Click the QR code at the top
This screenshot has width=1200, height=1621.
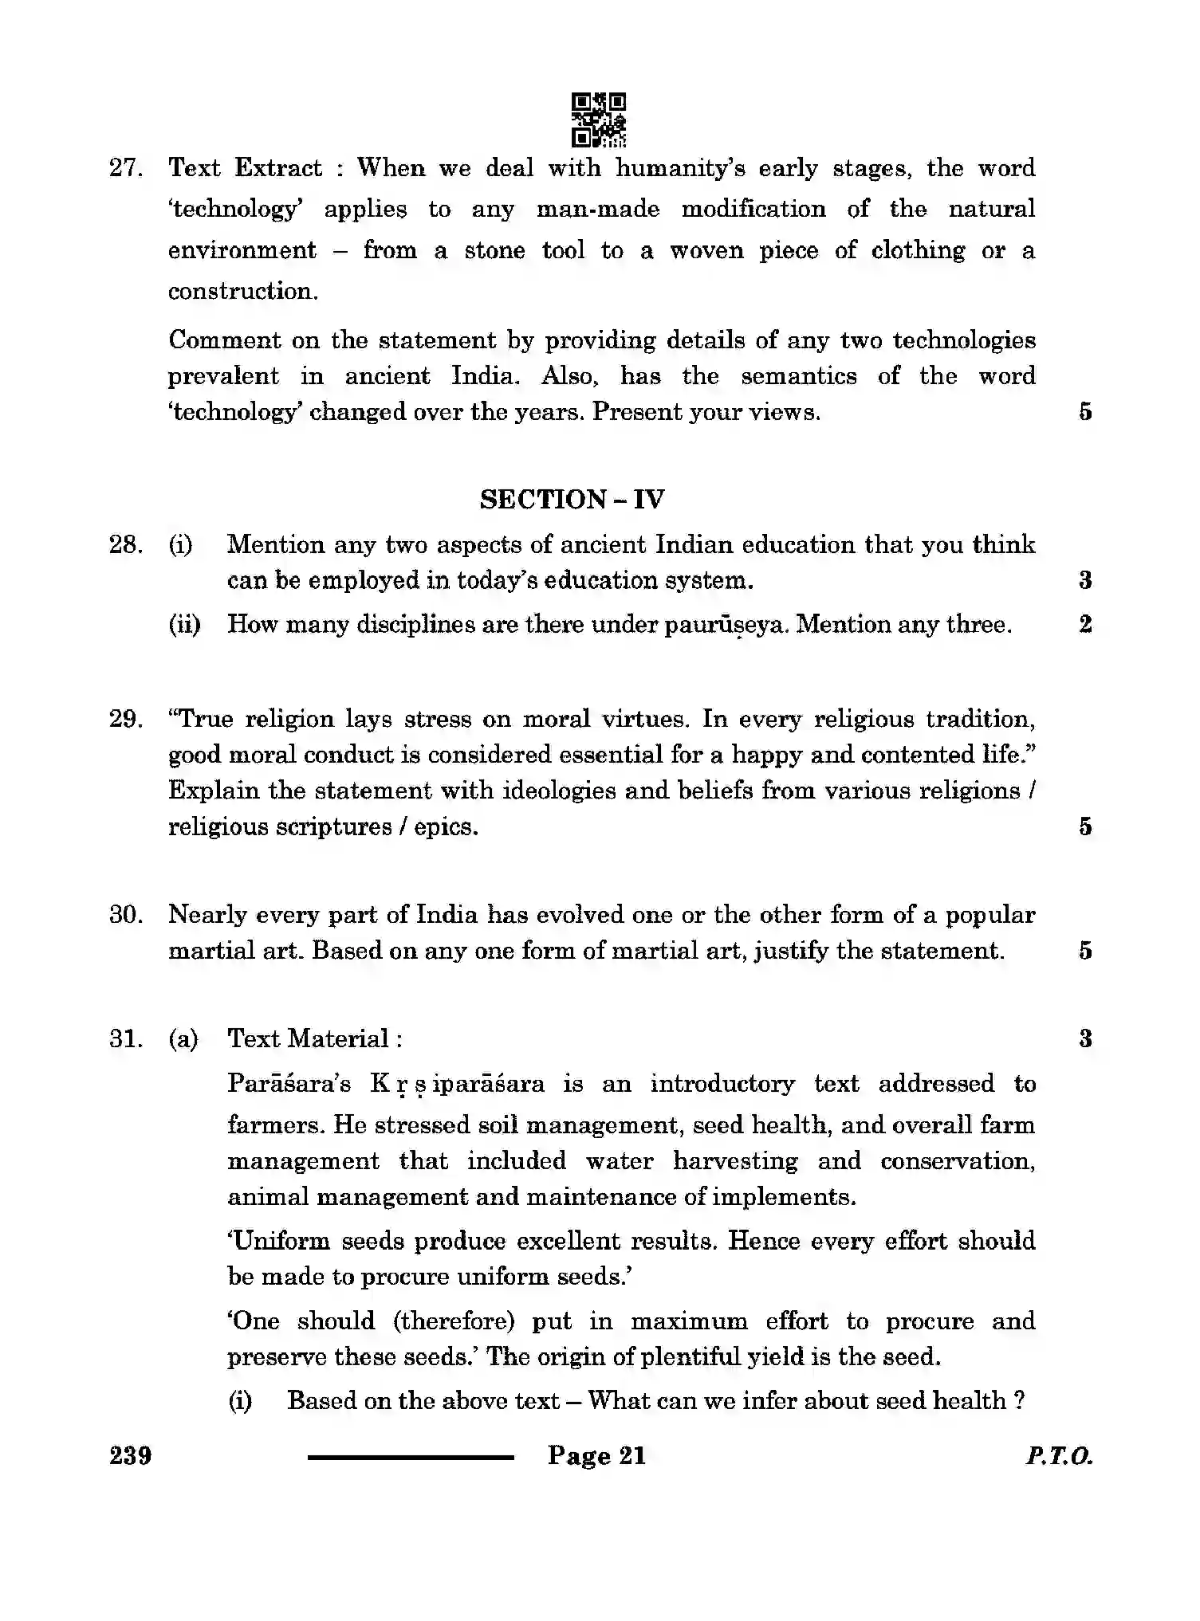click(599, 120)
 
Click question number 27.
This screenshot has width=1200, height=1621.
click(125, 168)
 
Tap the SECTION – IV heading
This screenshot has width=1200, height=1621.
click(572, 500)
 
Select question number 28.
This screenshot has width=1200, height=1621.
click(125, 545)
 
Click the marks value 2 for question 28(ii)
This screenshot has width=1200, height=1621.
click(1085, 624)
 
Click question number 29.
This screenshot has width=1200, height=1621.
click(125, 719)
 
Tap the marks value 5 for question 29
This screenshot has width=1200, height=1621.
click(1085, 826)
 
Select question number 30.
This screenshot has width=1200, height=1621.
click(125, 915)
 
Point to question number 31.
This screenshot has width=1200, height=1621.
click(125, 1038)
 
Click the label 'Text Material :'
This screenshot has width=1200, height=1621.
click(315, 1038)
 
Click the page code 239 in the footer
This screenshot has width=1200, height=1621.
click(131, 1456)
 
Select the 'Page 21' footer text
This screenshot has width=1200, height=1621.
click(596, 1456)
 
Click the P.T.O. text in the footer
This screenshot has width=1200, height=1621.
click(1059, 1457)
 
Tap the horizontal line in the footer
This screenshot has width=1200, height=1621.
click(411, 1458)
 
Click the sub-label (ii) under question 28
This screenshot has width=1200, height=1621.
click(184, 624)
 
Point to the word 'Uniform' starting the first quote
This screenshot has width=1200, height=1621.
click(278, 1241)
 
